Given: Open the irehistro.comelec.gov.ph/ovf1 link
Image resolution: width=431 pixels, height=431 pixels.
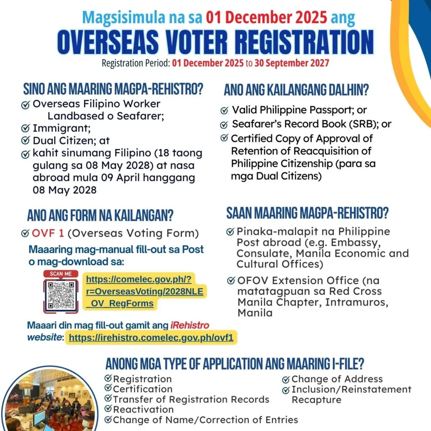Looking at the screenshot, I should pos(151,337).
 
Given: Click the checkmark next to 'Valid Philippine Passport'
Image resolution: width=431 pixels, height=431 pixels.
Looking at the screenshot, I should pos(224,111).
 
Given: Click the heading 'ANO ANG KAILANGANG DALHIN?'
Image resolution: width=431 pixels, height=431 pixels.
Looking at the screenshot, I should pos(296,90).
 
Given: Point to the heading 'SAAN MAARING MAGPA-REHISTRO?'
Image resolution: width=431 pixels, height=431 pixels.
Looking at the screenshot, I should pos(307,213).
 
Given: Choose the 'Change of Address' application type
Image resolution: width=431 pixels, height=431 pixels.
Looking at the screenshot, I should pos(337,379).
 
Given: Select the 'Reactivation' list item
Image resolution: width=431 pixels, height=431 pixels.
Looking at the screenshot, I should pos(143,410).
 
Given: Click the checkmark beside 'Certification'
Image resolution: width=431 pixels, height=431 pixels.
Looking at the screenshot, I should pos(108,388).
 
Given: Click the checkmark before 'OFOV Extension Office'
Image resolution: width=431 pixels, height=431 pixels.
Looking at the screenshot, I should pos(231,281).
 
